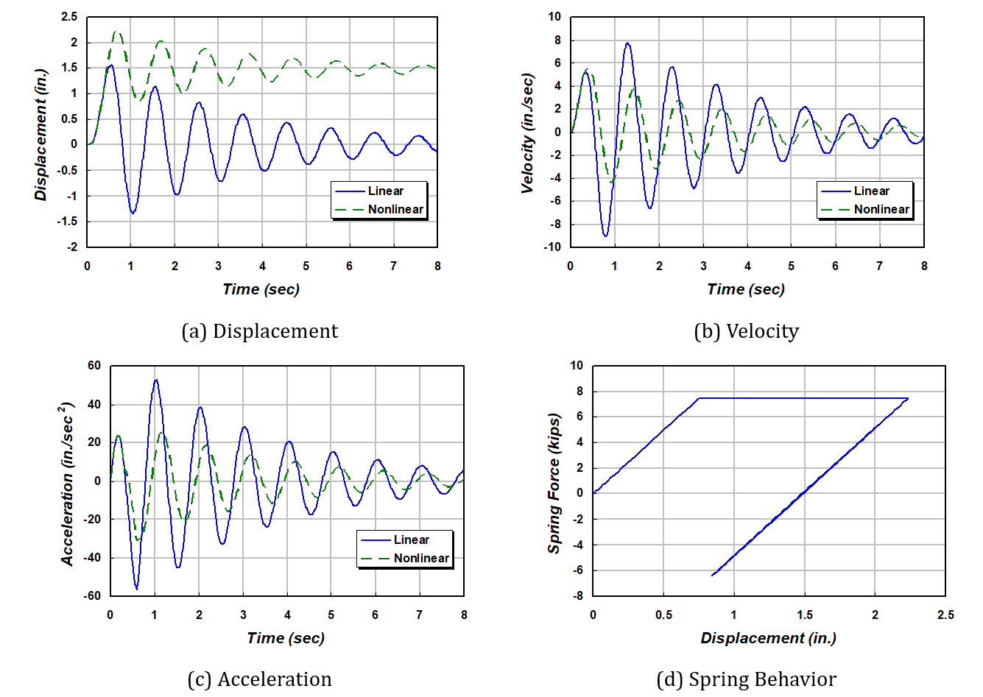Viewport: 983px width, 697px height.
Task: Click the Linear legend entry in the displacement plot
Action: (x=385, y=191)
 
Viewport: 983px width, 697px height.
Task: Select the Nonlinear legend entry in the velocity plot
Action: (x=881, y=209)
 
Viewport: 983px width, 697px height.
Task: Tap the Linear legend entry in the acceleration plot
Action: (x=411, y=539)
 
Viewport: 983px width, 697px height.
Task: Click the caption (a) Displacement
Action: (x=260, y=331)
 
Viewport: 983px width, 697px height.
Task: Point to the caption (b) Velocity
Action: (x=746, y=331)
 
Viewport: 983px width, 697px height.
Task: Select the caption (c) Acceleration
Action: (x=260, y=679)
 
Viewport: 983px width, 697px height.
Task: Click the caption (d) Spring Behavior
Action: (x=746, y=679)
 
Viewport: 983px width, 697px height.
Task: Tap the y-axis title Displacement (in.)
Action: (x=41, y=135)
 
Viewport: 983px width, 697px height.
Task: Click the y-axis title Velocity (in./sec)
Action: (x=527, y=133)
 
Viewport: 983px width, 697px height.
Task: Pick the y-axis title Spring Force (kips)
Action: (x=554, y=483)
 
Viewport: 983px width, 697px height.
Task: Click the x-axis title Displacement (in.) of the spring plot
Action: (x=768, y=638)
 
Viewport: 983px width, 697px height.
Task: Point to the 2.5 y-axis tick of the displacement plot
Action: (x=69, y=17)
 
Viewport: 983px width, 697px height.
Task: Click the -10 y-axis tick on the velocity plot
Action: (x=552, y=247)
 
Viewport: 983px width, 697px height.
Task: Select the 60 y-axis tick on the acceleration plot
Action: (x=94, y=365)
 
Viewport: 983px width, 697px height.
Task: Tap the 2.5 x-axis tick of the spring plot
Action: (x=945, y=615)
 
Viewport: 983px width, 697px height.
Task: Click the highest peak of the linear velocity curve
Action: (x=627, y=43)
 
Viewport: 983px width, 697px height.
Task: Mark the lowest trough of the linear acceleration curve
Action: (x=136, y=589)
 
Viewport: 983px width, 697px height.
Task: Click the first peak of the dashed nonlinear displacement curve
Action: (x=116, y=32)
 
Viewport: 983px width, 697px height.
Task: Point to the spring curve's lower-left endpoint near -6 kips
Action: (x=712, y=576)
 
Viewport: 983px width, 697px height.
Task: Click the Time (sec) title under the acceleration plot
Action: (x=286, y=638)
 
